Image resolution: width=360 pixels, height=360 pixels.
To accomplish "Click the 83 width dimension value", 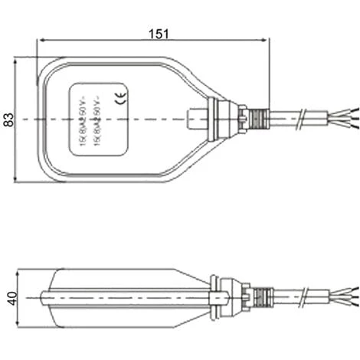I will [x=8, y=119].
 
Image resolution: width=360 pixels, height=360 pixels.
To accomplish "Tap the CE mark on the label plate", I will [x=119, y=97].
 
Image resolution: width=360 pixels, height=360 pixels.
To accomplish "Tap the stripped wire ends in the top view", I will [x=345, y=119].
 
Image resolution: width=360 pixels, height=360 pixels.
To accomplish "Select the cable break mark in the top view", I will [x=306, y=119].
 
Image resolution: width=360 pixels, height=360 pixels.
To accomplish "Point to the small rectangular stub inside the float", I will [x=197, y=119].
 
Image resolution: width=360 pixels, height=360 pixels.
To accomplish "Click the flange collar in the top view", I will [x=221, y=119].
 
